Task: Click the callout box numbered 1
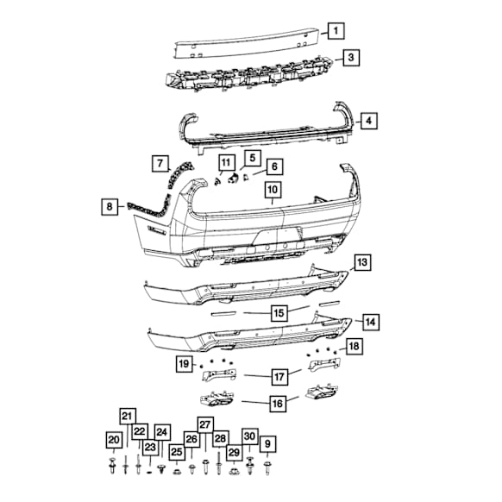pyautogui.click(x=336, y=31)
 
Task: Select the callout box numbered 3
pyautogui.click(x=351, y=57)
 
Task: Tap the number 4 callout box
pyautogui.click(x=369, y=121)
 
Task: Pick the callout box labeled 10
pyautogui.click(x=273, y=190)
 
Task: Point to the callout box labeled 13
pyautogui.click(x=362, y=262)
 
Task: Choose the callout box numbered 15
pyautogui.click(x=279, y=313)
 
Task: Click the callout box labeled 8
pyautogui.click(x=110, y=206)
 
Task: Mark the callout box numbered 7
pyautogui.click(x=160, y=164)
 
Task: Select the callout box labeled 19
pyautogui.click(x=184, y=364)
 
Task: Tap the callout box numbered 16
pyautogui.click(x=278, y=404)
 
